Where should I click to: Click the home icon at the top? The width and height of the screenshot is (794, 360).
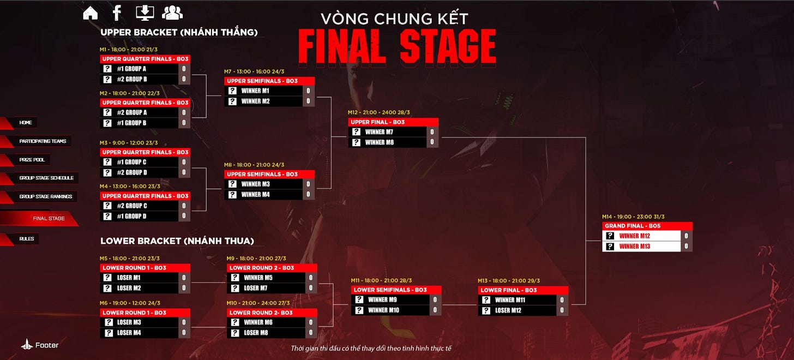coord(91,13)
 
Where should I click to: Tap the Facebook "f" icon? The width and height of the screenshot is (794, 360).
coord(117,13)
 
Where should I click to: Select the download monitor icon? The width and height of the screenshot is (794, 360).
coord(145,12)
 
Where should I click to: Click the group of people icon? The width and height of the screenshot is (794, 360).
coord(172,12)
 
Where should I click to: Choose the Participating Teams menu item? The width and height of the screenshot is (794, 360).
coord(43,141)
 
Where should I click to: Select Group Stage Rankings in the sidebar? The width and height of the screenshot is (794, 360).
coord(45,196)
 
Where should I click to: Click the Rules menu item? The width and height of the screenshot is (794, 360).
coord(26,239)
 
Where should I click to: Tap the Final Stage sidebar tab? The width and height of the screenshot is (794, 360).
coord(49,218)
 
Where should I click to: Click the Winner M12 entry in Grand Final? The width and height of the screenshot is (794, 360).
coord(642,236)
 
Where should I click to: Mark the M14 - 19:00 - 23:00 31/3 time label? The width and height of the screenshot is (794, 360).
coord(633,217)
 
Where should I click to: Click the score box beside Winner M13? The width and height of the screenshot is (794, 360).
coord(686,247)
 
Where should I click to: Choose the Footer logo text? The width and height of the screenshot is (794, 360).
coord(46,345)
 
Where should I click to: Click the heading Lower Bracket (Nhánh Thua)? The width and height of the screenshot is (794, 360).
coord(177,241)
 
